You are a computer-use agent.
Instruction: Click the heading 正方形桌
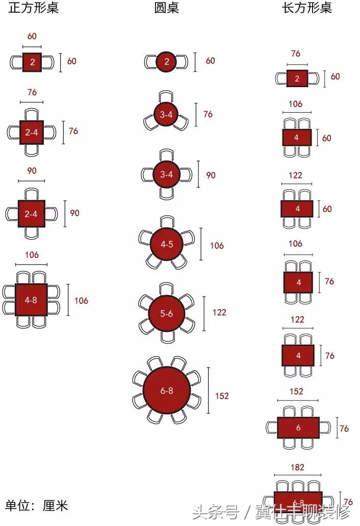pos(34,9)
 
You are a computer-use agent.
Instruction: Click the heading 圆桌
pos(166,9)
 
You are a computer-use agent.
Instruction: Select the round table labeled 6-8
pos(167,390)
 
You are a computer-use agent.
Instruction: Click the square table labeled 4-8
pos(31,300)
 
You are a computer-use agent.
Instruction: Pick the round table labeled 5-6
pos(167,313)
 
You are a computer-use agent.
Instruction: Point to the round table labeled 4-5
pos(167,244)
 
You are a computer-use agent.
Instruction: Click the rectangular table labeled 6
pos(298,428)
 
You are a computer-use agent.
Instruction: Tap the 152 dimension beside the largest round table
pos(222,396)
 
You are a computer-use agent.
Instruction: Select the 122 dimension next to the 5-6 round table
pos(219,312)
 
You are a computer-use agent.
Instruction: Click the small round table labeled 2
pos(167,62)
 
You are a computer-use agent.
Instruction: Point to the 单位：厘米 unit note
pos(37,506)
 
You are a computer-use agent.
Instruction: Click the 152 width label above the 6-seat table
pos(296,391)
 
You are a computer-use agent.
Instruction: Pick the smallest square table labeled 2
pos(32,62)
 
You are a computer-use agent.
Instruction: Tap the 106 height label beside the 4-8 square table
pos(81,300)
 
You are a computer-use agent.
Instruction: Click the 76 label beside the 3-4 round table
pos(208,114)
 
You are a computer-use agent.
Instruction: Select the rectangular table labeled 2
pos(297,78)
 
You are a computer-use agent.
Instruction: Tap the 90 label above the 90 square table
pos(32,171)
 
